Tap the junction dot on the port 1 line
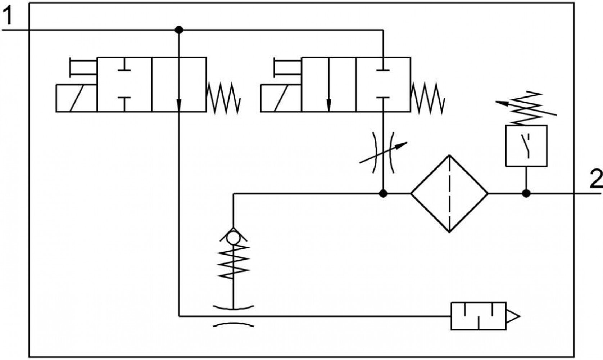tap(179, 30)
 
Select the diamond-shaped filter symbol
tap(449, 193)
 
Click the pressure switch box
tap(526, 146)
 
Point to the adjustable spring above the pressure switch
tap(526, 108)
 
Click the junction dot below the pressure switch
tap(526, 193)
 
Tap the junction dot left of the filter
tap(383, 193)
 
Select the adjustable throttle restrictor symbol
tap(383, 153)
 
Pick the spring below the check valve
tap(233, 262)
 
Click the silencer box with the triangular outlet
tap(479, 316)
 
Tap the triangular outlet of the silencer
tap(513, 316)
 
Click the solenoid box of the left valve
tap(76, 98)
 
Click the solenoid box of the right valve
tap(281, 98)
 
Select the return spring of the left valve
tap(223, 98)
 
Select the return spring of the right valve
tap(428, 98)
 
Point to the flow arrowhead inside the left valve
tap(179, 105)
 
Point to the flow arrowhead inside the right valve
tap(329, 105)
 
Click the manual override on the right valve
tap(287, 67)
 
